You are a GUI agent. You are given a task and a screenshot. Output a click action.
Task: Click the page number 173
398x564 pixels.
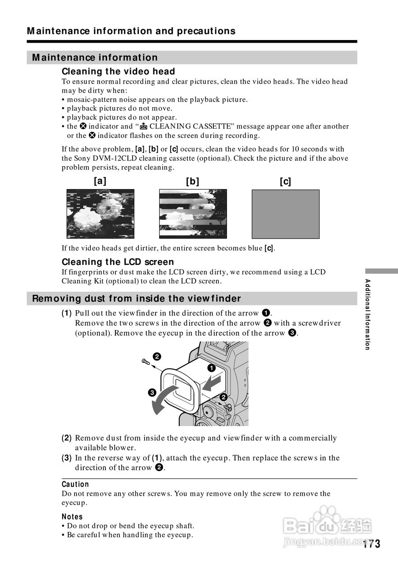tap(372, 544)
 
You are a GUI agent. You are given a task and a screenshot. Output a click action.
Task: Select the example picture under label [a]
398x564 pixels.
tap(100, 214)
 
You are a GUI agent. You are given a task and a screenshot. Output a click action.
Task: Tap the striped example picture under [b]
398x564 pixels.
tap(193, 214)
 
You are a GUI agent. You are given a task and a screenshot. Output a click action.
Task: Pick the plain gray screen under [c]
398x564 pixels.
tap(285, 214)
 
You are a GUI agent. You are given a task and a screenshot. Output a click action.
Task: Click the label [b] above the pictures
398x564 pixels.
tap(193, 181)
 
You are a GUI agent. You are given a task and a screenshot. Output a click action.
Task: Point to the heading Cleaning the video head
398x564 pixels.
tap(118, 71)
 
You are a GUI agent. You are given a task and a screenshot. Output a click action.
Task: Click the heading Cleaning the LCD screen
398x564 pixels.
tap(118, 262)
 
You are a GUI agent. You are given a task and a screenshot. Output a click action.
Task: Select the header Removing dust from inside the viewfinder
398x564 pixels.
tap(137, 298)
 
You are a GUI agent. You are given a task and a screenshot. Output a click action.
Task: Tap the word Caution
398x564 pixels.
tap(75, 484)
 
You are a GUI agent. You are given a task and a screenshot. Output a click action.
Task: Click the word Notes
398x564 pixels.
tap(72, 516)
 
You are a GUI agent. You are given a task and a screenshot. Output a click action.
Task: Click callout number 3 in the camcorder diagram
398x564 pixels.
tap(151, 392)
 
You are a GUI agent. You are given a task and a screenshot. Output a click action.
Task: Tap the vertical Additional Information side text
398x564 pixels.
tap(367, 314)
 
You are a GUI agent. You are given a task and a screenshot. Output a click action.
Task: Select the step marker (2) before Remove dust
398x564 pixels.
tap(67, 438)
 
